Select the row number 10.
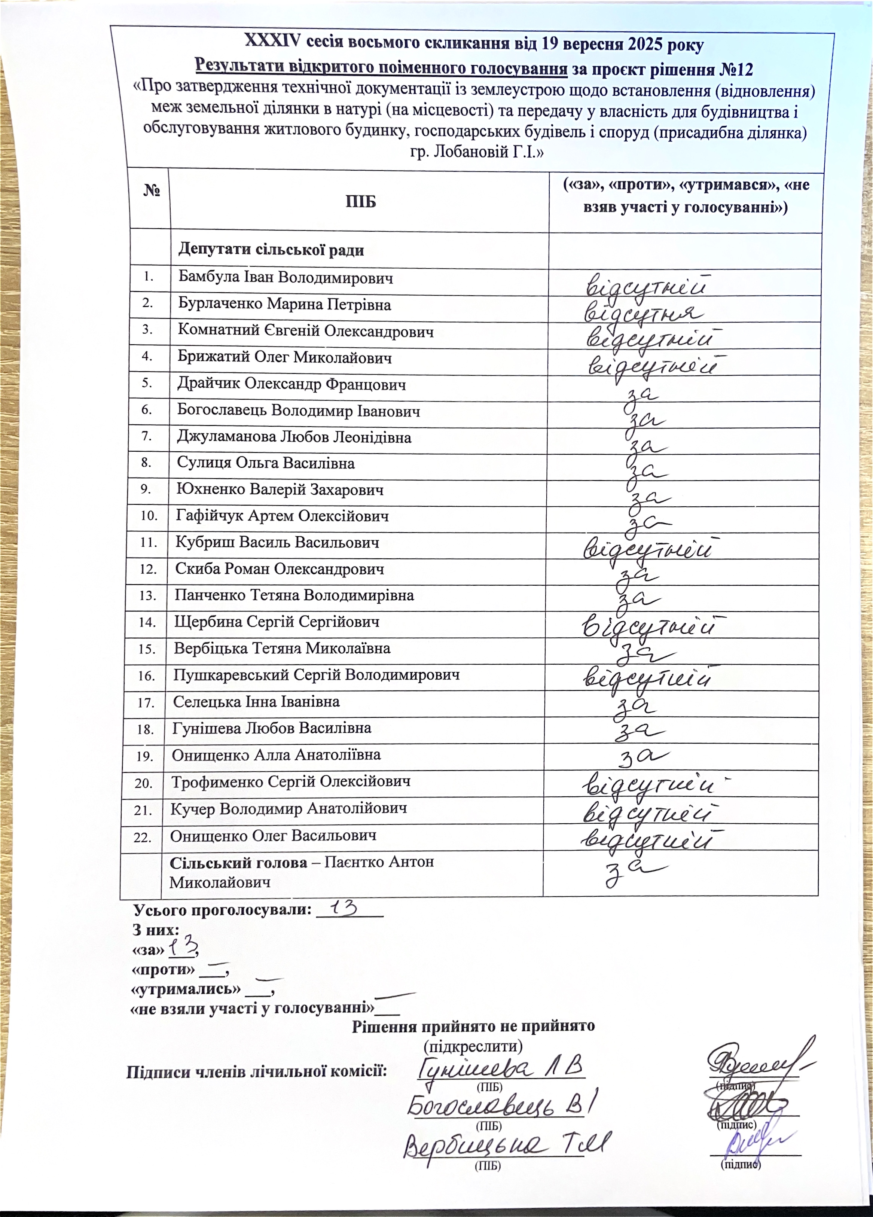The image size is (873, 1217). coord(149,516)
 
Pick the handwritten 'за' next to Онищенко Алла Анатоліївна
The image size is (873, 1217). coord(644,757)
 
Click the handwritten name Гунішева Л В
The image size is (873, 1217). coord(500,1067)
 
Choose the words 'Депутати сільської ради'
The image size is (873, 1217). coord(271,250)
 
